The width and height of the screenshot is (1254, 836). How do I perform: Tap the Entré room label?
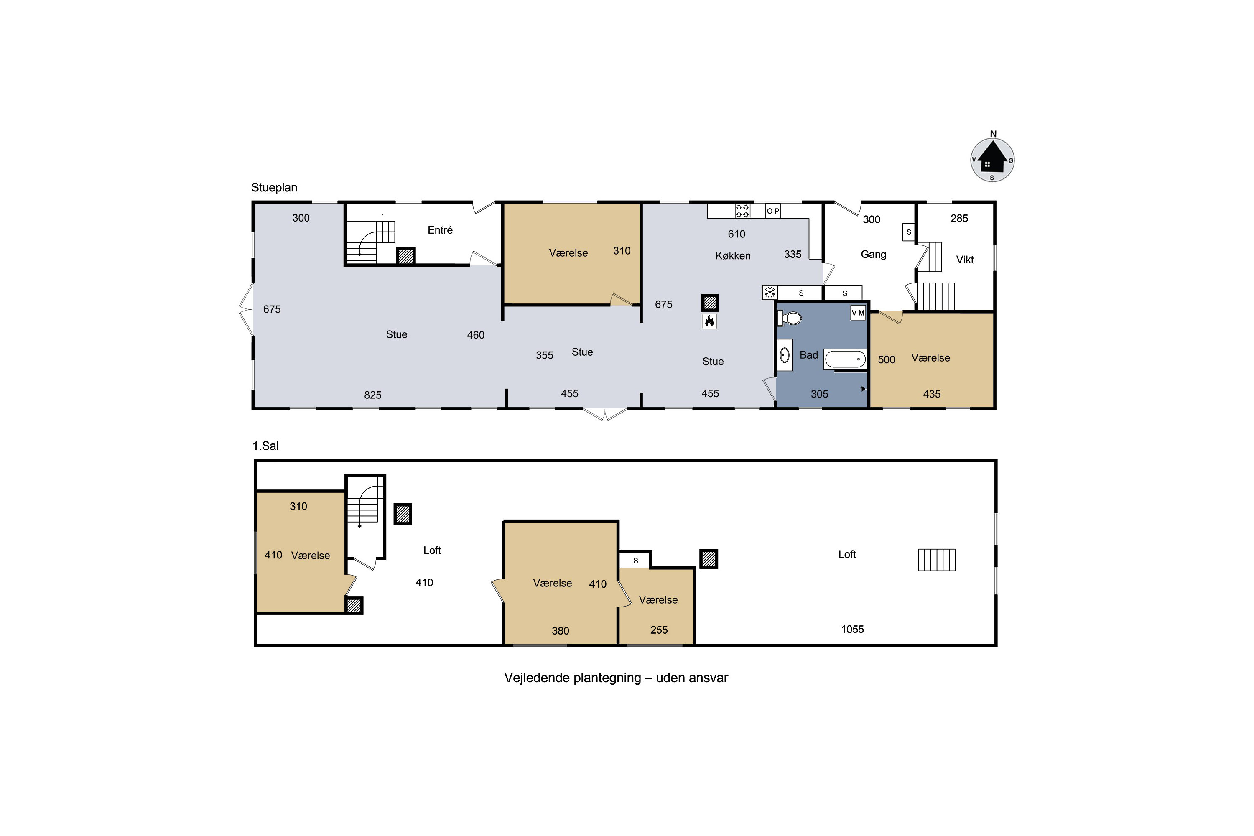pyautogui.click(x=440, y=230)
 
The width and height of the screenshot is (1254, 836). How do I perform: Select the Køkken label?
pyautogui.click(x=733, y=255)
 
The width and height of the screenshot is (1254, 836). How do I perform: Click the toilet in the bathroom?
pyautogui.click(x=790, y=318)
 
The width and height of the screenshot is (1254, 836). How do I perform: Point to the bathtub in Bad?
pyautogui.click(x=845, y=359)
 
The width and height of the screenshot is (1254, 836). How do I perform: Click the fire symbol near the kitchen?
pyautogui.click(x=709, y=321)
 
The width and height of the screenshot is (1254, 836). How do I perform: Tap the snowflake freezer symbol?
pyautogui.click(x=770, y=292)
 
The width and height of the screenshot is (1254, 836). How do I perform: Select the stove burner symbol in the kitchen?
pyautogui.click(x=742, y=211)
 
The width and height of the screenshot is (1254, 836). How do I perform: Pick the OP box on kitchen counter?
pyautogui.click(x=772, y=211)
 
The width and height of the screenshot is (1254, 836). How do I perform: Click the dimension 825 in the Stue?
pyautogui.click(x=373, y=395)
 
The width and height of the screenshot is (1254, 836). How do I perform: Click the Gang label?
pyautogui.click(x=873, y=254)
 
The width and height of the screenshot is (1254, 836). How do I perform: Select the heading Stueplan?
pyautogui.click(x=274, y=188)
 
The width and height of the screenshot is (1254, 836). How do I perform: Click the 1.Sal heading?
pyautogui.click(x=265, y=446)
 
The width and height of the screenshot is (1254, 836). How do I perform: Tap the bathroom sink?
pyautogui.click(x=784, y=354)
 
